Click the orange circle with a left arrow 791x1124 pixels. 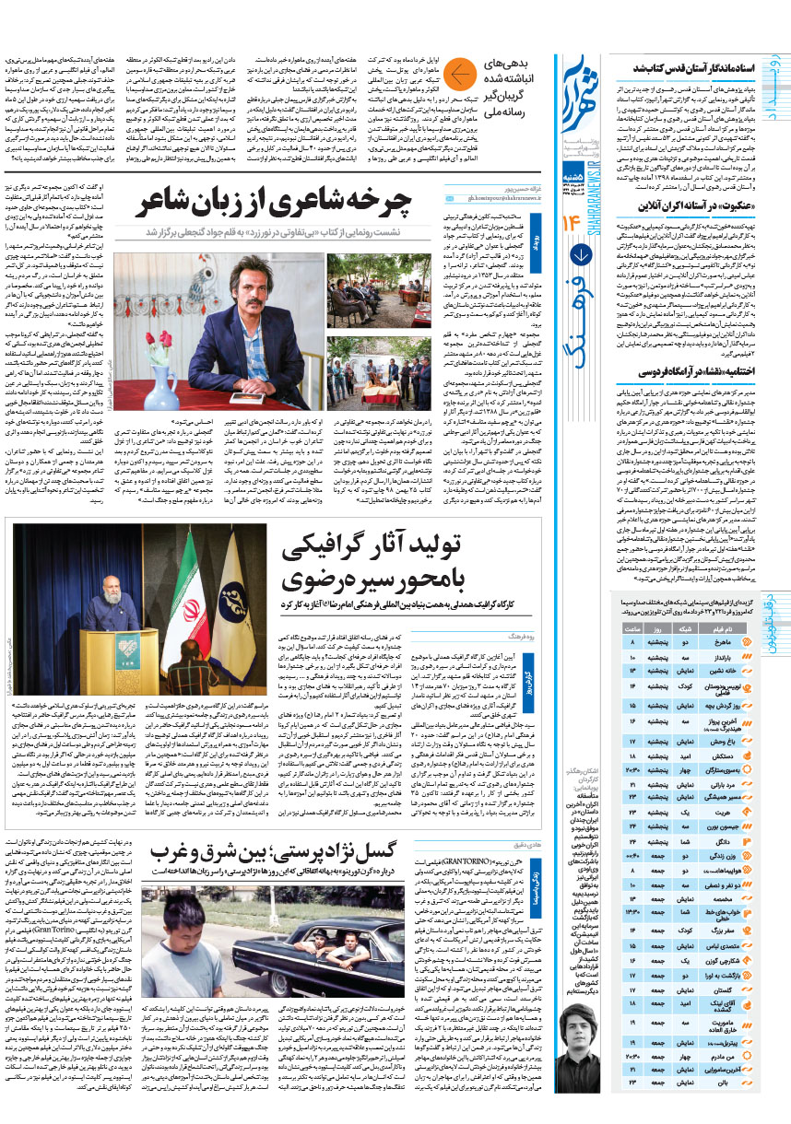(x=462, y=76)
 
